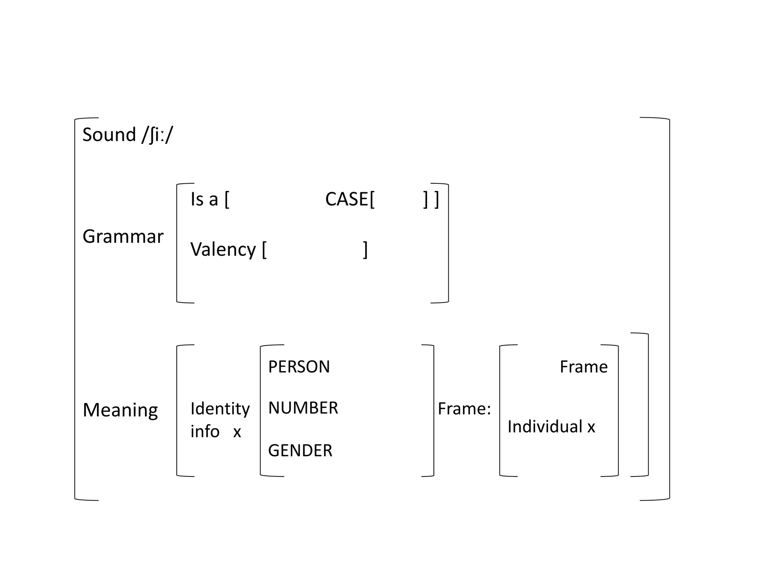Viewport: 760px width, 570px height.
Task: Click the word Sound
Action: click(109, 135)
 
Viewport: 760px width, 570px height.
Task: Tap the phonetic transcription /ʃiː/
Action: click(157, 135)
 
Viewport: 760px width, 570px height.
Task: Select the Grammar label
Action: click(123, 236)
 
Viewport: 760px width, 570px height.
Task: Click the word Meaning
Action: click(120, 410)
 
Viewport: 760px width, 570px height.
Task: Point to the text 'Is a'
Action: click(204, 199)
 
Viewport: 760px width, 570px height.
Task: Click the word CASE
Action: click(347, 199)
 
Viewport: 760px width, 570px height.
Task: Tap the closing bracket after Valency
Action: click(365, 250)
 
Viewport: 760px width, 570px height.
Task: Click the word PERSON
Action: click(299, 367)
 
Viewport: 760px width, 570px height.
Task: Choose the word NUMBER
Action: click(303, 408)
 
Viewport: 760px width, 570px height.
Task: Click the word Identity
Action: click(220, 409)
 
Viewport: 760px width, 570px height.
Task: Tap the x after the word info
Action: click(237, 432)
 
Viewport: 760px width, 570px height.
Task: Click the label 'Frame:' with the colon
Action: click(464, 409)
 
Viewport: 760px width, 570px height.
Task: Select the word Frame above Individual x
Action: click(583, 367)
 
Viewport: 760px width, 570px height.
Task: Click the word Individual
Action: click(545, 427)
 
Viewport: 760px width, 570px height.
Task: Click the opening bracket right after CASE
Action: click(372, 200)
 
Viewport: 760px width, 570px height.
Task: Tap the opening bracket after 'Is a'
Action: click(227, 200)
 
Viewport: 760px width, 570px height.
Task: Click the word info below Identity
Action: click(205, 432)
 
